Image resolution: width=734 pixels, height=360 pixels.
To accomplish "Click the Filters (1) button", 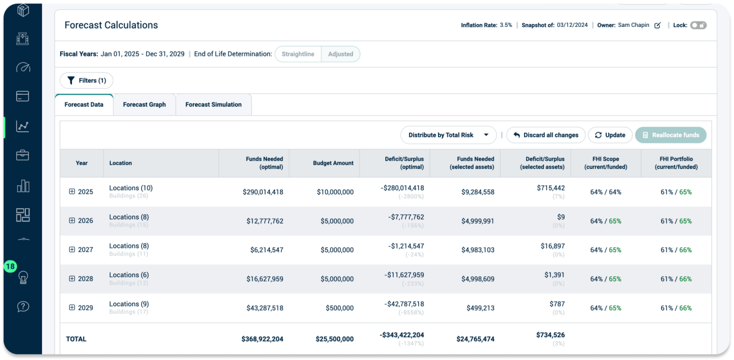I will click(x=87, y=81).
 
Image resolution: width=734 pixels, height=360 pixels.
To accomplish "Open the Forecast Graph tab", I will click(x=144, y=105).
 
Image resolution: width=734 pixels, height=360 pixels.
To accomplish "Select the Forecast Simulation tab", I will click(x=213, y=105).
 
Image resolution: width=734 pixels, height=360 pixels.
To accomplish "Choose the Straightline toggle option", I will click(x=298, y=54).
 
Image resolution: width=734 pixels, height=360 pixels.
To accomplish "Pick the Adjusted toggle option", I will click(x=341, y=54).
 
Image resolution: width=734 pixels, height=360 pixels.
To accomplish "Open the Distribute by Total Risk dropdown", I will click(x=448, y=135).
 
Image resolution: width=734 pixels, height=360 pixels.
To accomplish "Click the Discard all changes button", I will click(x=545, y=135).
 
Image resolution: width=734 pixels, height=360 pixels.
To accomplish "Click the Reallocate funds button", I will click(x=670, y=135).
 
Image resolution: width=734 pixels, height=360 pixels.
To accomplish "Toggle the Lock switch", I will click(x=698, y=25).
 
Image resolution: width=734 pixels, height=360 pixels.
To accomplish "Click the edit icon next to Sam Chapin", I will click(x=657, y=25).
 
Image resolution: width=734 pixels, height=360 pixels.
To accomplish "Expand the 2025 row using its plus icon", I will click(x=72, y=192).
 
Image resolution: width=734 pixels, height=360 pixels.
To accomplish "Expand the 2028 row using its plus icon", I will click(x=72, y=279).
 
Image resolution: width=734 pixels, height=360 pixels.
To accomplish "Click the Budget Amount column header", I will click(x=333, y=163).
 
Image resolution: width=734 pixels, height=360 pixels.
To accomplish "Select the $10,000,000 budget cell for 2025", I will click(x=335, y=192).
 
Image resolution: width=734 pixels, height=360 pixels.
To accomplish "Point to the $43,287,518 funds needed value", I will click(x=263, y=308).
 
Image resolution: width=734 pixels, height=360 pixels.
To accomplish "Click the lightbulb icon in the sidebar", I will click(x=23, y=277).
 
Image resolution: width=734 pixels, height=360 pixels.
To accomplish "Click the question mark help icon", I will click(x=23, y=306).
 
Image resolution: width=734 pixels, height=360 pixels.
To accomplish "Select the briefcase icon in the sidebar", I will click(x=23, y=156).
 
